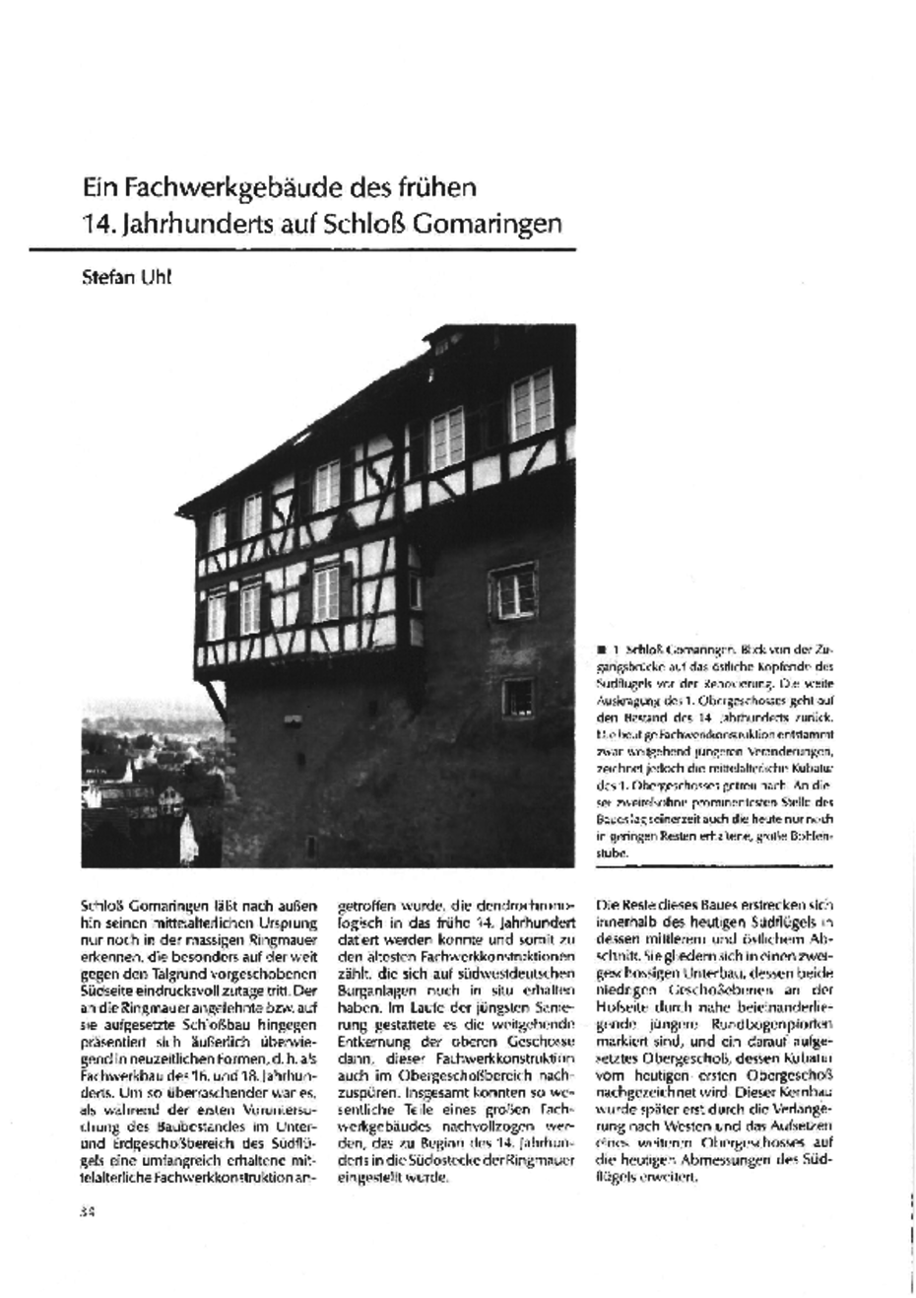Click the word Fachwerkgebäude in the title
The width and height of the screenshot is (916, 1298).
[213, 186]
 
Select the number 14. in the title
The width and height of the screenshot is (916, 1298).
[98, 223]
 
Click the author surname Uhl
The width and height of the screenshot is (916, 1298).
[158, 278]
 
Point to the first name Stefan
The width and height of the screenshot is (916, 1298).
[110, 278]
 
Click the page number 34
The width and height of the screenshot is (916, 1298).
[86, 1211]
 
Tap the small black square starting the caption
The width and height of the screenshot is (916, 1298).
[601, 649]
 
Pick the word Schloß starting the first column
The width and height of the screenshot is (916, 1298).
[101, 904]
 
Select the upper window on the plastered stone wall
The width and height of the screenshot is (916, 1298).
[514, 589]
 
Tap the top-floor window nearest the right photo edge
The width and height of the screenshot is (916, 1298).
[532, 405]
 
